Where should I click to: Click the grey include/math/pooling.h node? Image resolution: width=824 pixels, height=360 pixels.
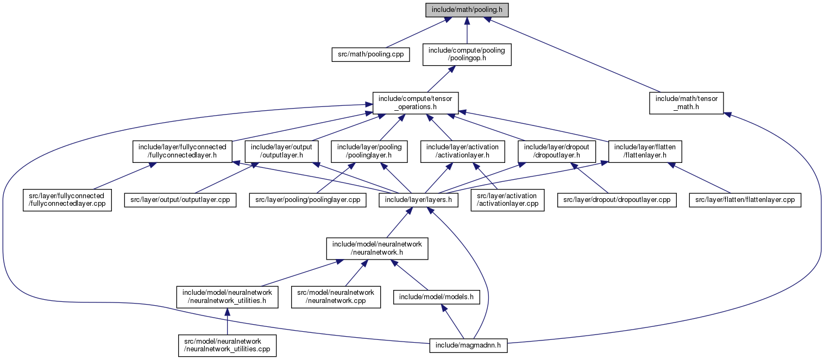coord(467,10)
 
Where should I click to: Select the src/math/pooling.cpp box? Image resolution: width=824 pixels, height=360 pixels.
coord(370,54)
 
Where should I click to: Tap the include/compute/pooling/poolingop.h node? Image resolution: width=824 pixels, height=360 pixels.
coord(467,55)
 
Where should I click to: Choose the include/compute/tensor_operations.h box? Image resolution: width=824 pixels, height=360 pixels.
coord(416,103)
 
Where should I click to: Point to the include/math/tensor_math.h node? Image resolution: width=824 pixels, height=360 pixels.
coord(687,103)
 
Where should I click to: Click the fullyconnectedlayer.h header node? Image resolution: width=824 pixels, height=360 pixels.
coord(183,151)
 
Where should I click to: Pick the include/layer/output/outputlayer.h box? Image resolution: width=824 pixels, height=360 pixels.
coord(281,151)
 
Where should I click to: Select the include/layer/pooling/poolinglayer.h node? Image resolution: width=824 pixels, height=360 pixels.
coord(369,151)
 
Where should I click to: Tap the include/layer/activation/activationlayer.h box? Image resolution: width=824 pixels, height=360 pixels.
coord(462,151)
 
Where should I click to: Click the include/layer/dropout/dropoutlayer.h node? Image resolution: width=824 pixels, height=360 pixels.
coord(557,151)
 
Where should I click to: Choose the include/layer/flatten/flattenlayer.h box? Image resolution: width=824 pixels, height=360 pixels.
coord(645,151)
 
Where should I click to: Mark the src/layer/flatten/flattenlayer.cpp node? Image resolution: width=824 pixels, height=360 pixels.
coord(745,200)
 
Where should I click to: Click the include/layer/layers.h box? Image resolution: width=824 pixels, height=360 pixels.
coord(418,200)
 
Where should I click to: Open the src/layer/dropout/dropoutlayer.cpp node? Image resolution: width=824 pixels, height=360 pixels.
coord(617,200)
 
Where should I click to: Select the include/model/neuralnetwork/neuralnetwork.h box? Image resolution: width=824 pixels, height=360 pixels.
coord(377,249)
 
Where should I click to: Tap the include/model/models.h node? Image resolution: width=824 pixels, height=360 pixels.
coord(437,297)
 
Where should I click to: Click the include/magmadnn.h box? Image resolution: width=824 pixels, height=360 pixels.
coord(468,346)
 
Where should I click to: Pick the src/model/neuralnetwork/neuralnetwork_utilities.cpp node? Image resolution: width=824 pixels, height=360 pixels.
coord(228,346)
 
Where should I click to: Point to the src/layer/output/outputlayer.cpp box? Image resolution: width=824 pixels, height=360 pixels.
coord(180,200)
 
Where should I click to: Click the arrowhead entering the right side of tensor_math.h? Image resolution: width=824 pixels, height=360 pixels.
coord(728,115)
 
